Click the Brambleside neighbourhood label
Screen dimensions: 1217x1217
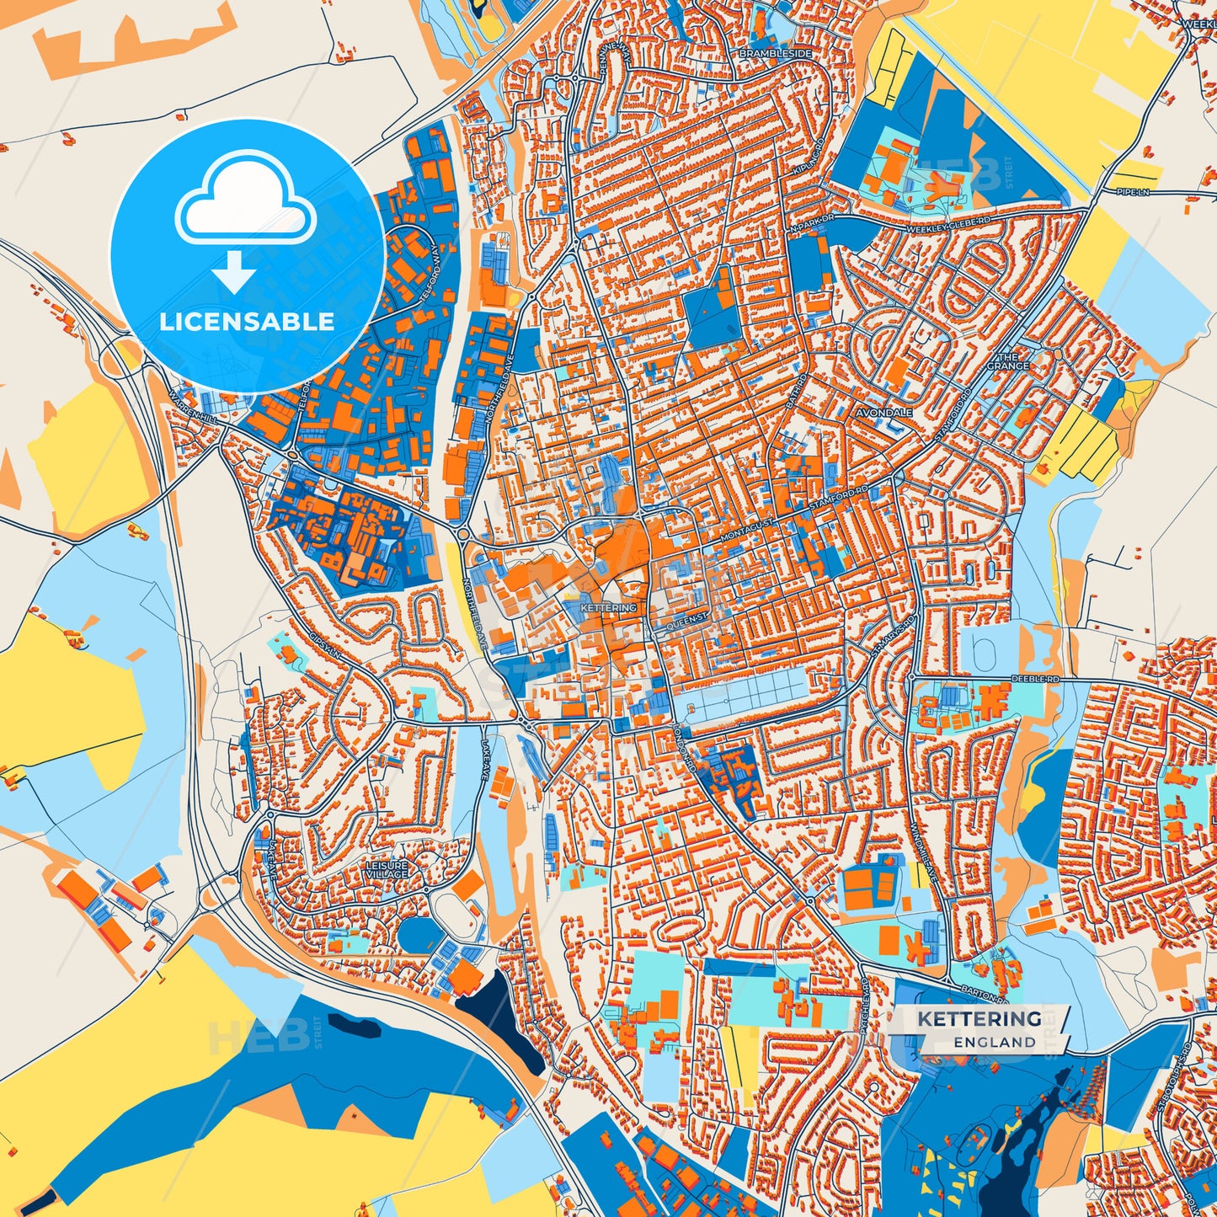tap(776, 53)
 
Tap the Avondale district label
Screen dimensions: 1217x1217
tap(884, 414)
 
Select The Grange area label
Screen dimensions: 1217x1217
tap(1007, 361)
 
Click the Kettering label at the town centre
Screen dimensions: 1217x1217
tap(608, 607)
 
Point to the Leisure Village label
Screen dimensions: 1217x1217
tap(387, 869)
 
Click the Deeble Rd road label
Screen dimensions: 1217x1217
tap(1035, 678)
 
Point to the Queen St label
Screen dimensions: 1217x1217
tap(687, 620)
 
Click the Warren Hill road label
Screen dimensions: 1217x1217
tap(190, 405)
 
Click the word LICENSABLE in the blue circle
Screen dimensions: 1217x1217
tap(247, 321)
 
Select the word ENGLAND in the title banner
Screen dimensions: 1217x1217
tap(994, 1042)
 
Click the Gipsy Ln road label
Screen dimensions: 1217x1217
tap(325, 645)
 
